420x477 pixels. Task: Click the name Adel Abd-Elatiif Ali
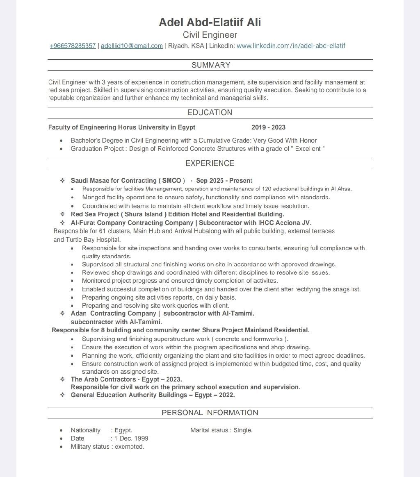click(x=210, y=22)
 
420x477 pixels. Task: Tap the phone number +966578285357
click(x=73, y=46)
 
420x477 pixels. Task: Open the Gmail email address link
click(x=132, y=46)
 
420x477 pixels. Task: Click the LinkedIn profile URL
click(x=291, y=45)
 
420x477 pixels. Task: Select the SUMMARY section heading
click(x=210, y=65)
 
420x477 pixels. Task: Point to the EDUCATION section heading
click(x=210, y=113)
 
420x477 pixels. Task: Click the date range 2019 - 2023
click(x=268, y=127)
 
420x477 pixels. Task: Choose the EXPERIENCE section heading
click(x=210, y=164)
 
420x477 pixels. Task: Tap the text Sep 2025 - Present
click(x=224, y=181)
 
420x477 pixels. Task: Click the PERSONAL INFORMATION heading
click(x=210, y=413)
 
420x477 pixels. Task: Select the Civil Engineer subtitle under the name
click(x=210, y=35)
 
